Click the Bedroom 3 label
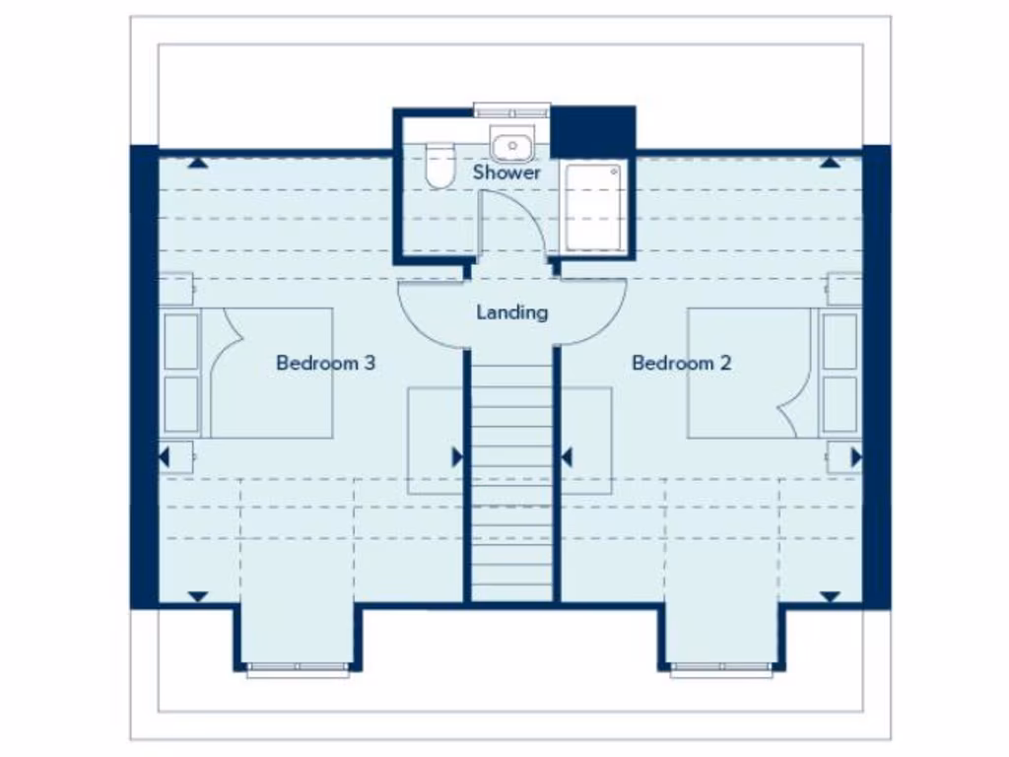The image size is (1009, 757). click(x=325, y=363)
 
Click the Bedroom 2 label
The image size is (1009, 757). click(x=681, y=363)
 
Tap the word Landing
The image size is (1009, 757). click(x=511, y=312)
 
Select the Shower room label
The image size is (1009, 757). click(x=506, y=172)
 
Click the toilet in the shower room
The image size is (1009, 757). click(x=437, y=164)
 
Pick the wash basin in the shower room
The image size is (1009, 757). click(x=511, y=147)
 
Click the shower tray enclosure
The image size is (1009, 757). click(x=594, y=208)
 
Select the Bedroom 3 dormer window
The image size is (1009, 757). click(x=298, y=671)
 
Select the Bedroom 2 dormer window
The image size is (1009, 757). click(x=722, y=671)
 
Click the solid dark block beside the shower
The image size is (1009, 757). click(x=592, y=131)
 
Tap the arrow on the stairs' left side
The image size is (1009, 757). click(x=457, y=457)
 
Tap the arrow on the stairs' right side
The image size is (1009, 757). click(x=567, y=457)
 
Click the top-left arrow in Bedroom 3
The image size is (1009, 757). click(x=198, y=162)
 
